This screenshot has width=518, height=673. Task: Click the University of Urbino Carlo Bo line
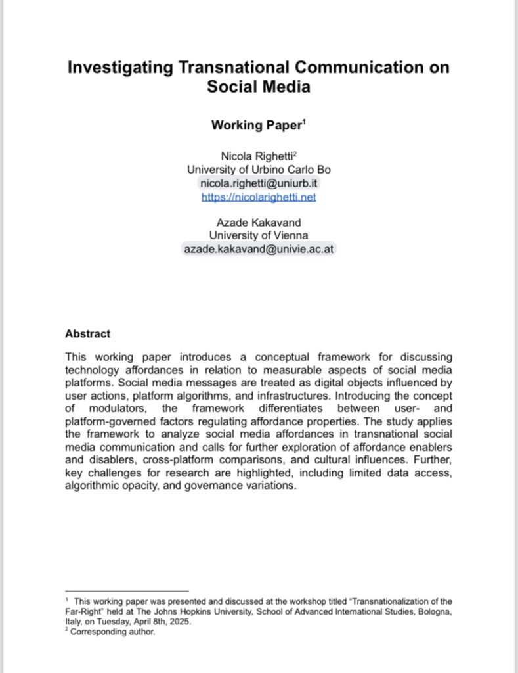(259, 169)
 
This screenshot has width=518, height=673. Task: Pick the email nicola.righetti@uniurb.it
(259, 183)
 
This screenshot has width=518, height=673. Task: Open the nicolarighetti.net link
(259, 196)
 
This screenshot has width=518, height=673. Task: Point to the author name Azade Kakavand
(259, 222)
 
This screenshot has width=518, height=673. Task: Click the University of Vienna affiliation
(259, 235)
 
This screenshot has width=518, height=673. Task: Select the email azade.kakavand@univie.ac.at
(259, 249)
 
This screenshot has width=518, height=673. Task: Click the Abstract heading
(87, 334)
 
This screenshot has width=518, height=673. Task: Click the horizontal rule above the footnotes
(127, 591)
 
